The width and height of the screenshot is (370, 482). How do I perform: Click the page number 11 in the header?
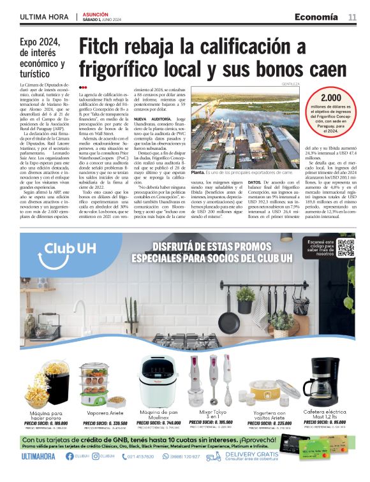(352, 17)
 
